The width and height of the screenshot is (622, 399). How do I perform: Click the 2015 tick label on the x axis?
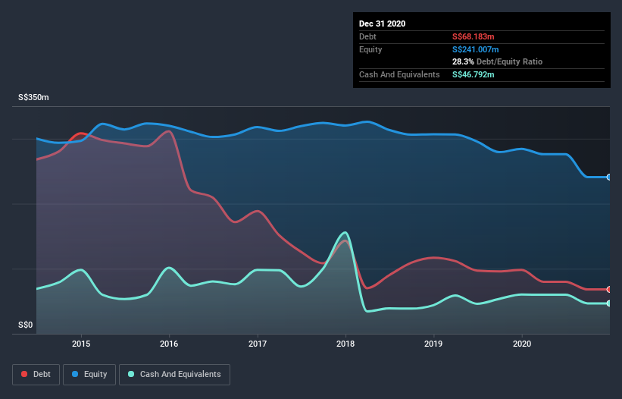81,343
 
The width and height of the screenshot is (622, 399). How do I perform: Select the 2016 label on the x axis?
169,343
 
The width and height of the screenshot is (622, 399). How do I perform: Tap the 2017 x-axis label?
258,343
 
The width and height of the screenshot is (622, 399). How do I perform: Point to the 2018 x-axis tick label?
345,343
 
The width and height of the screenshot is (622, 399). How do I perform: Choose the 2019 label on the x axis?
434,343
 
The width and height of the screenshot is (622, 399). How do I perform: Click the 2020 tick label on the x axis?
522,343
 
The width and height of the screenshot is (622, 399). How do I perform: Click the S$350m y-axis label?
34,98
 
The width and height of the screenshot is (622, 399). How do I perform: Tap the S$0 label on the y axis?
27,325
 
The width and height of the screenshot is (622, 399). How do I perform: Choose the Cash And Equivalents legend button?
174,374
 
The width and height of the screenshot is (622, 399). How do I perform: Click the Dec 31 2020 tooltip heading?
383,24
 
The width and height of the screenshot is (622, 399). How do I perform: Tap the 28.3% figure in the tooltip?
464,61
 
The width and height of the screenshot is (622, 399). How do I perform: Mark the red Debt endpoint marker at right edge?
609,290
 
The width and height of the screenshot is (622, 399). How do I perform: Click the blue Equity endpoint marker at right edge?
609,177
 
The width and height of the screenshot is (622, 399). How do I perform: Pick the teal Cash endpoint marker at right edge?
609,303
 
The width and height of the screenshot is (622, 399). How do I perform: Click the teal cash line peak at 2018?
345,233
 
